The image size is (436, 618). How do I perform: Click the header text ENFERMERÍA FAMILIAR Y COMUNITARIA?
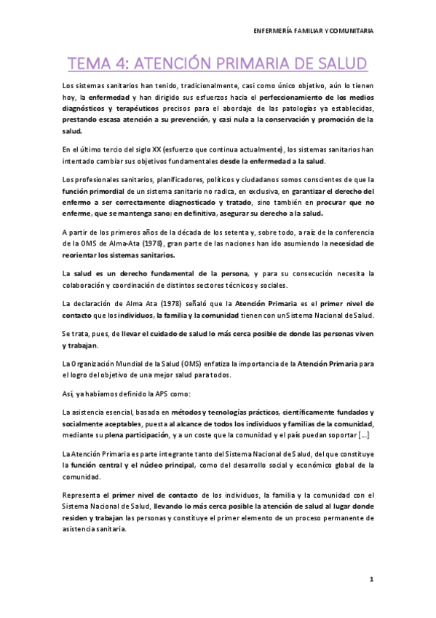click(x=313, y=31)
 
